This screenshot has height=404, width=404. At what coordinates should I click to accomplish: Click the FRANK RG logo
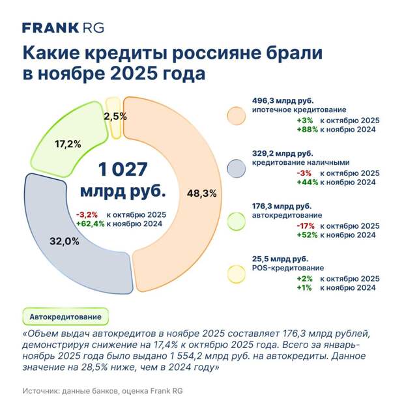(x=63, y=27)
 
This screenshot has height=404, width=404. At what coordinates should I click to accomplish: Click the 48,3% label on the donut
(x=201, y=194)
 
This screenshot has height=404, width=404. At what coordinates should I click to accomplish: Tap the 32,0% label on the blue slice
(x=64, y=240)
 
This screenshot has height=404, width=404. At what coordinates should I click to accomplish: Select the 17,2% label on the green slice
(x=67, y=143)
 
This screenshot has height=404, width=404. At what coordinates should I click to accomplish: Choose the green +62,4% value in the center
(x=90, y=224)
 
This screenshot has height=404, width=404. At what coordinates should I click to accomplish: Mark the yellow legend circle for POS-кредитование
(x=236, y=272)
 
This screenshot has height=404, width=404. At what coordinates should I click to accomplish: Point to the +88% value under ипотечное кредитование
(x=306, y=130)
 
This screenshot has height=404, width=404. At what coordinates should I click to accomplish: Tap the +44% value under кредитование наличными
(x=306, y=182)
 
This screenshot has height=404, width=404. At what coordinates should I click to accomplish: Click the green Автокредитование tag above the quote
(x=66, y=317)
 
